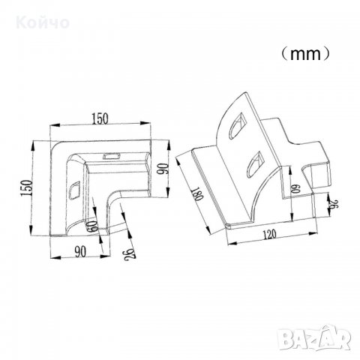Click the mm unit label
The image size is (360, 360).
(x=305, y=54)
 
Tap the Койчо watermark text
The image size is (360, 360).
(x=43, y=22)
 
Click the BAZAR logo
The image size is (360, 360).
(x=315, y=337)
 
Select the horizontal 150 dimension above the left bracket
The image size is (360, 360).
(x=100, y=118)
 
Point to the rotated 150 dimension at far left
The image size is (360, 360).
(x=27, y=187)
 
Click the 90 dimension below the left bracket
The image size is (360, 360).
(x=80, y=251)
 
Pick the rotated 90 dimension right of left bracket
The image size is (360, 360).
(x=163, y=169)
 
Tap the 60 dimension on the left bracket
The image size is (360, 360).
(x=92, y=226)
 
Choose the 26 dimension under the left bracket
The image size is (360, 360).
(x=130, y=254)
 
